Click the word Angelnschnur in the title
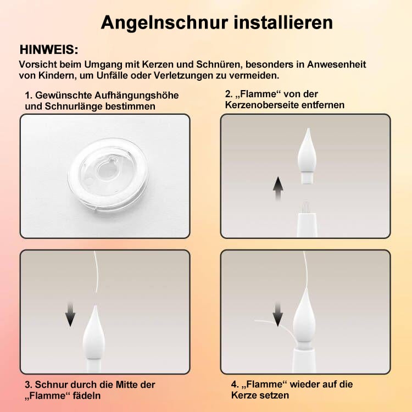(164, 23)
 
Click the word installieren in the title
(283, 22)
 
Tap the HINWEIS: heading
(49, 49)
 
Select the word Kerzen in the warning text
(158, 64)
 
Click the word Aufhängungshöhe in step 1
(136, 96)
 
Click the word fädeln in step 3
(87, 396)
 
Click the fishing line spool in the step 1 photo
(108, 174)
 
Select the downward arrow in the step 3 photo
(70, 315)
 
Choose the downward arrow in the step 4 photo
(278, 315)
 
